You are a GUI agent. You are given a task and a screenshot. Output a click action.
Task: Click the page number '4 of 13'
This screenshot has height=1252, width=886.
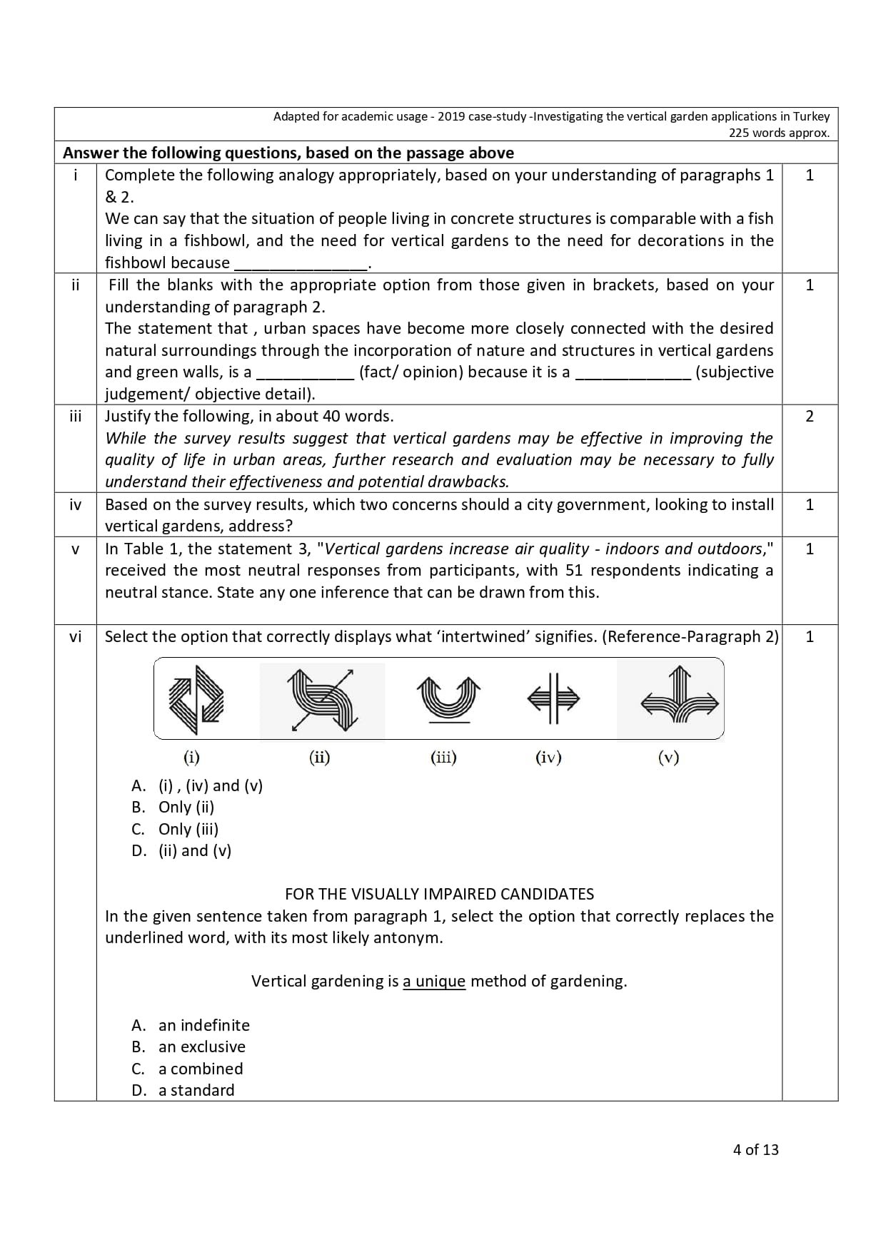click(x=755, y=1149)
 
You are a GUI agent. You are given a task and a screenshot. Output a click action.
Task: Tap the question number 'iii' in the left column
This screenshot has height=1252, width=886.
click(x=76, y=416)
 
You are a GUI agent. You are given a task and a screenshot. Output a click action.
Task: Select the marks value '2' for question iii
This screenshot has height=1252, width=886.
click(x=809, y=416)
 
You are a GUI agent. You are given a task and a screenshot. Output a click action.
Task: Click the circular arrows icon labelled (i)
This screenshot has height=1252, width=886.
click(x=196, y=699)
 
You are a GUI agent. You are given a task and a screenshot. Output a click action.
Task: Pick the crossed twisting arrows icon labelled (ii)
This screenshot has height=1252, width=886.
click(x=321, y=699)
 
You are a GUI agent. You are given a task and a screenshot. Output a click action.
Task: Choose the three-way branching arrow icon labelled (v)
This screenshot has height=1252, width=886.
click(x=679, y=699)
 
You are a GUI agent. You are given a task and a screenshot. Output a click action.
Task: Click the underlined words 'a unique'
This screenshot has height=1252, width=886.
click(x=434, y=981)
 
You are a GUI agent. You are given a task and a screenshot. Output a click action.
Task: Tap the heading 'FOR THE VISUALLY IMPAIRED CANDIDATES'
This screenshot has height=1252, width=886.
click(x=439, y=894)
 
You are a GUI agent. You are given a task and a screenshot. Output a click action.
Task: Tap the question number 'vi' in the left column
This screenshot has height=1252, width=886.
click(x=76, y=636)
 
